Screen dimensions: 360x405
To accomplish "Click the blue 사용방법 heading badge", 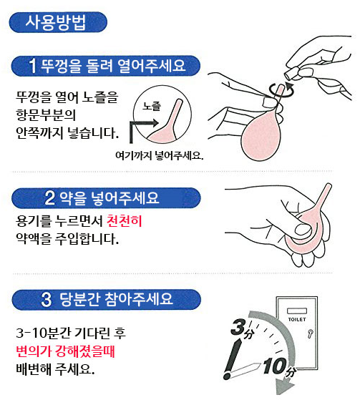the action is pos(58,22).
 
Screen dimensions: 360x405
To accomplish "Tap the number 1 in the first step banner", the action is pos(33,66).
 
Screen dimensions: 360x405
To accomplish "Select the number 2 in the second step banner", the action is pos(50,198).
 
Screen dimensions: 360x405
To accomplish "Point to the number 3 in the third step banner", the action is pos(47,300).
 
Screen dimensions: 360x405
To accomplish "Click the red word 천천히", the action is pos(125,221).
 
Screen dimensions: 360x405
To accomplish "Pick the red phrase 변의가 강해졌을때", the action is pos(65,351).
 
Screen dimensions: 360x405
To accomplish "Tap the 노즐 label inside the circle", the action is pos(152,106).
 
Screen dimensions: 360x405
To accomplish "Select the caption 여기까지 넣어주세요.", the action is pos(160,155).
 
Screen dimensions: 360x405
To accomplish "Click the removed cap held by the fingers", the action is pos(292,74).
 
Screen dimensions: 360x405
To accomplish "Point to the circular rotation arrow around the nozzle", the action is pos(281,90).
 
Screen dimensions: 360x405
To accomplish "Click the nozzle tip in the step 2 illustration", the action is pos(329,185).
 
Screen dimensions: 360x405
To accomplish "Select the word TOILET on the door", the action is pos(297,320).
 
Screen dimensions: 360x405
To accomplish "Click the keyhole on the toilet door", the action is pos(310,333).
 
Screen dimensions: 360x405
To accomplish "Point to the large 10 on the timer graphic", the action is pos(275,366).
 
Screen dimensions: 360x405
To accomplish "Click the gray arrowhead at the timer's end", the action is pos(283,386).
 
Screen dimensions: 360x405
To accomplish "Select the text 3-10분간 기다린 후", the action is pos(71,333).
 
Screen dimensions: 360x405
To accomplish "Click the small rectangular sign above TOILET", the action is pos(297,311).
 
